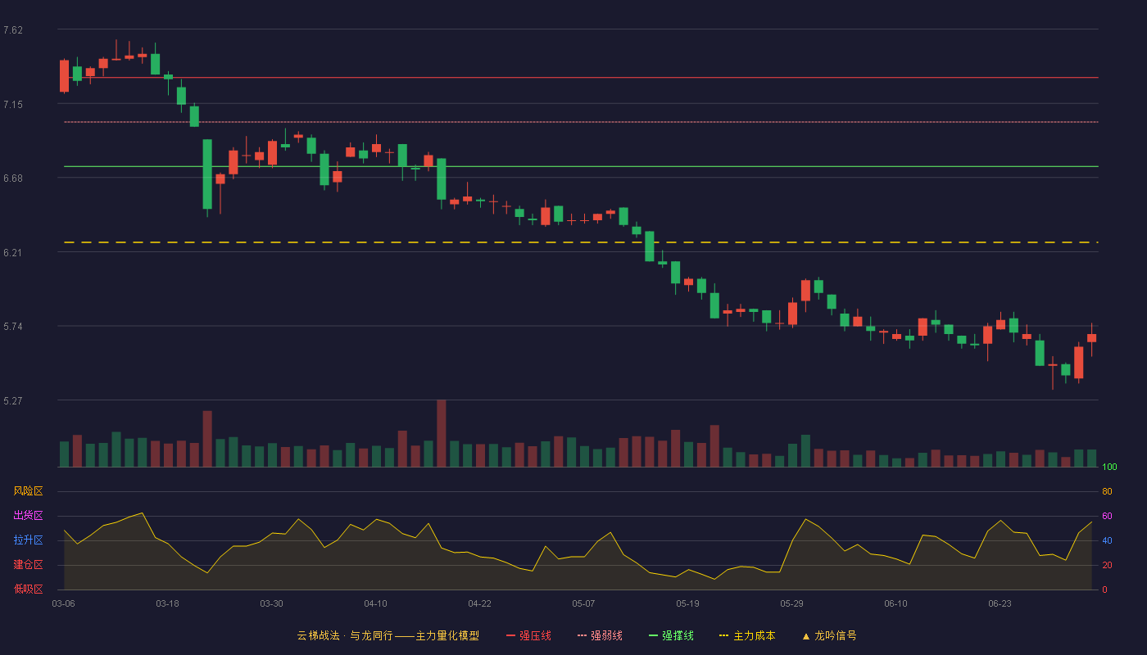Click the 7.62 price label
pyautogui.click(x=13, y=30)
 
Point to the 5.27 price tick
pyautogui.click(x=13, y=400)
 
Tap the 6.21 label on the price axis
pyautogui.click(x=13, y=253)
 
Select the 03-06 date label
pyautogui.click(x=64, y=604)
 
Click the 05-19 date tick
pyautogui.click(x=687, y=604)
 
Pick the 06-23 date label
pyautogui.click(x=1000, y=604)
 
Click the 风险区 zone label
pyautogui.click(x=28, y=491)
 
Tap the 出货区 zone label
pyautogui.click(x=28, y=515)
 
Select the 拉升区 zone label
pyautogui.click(x=28, y=540)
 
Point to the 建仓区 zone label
pyautogui.click(x=28, y=564)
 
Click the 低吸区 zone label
pyautogui.click(x=28, y=589)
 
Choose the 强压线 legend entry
pyautogui.click(x=529, y=635)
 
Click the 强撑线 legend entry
pyautogui.click(x=671, y=635)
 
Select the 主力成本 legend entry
pyautogui.click(x=747, y=635)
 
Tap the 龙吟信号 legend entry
pyautogui.click(x=829, y=635)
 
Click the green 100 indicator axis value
pyautogui.click(x=1109, y=467)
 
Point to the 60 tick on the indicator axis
pyautogui.click(x=1107, y=516)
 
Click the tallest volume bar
pyautogui.click(x=442, y=433)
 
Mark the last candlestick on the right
pyautogui.click(x=1091, y=339)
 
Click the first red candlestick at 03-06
pyautogui.click(x=64, y=76)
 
